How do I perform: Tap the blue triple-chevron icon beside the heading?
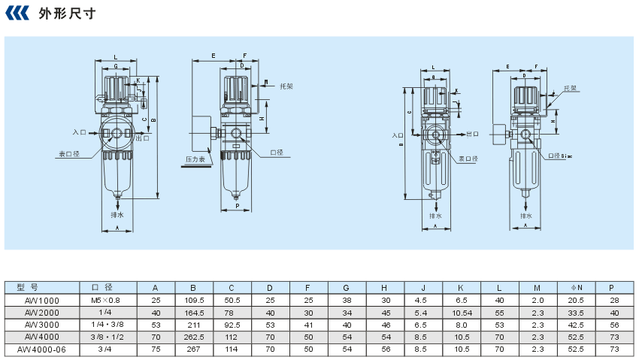pos(20,14)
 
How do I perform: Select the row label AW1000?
pos(42,300)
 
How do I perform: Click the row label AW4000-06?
pos(42,349)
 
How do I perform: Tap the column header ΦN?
pos(577,287)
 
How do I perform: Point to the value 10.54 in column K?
pos(462,312)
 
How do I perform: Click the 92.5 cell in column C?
pos(232,325)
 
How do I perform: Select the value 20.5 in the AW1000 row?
pos(577,300)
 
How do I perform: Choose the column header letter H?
pos(384,287)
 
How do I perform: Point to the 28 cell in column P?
pos(614,300)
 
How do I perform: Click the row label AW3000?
pos(42,325)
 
